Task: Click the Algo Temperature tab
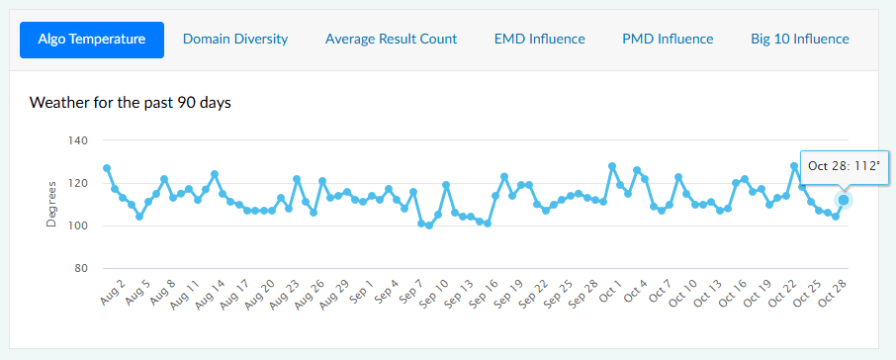click(92, 40)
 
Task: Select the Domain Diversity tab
click(235, 40)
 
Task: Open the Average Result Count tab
click(391, 40)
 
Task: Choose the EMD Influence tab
click(539, 40)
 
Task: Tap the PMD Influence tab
click(668, 40)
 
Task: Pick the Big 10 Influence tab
click(800, 40)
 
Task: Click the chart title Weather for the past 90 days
click(131, 102)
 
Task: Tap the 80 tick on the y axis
click(82, 268)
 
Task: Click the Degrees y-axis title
click(51, 205)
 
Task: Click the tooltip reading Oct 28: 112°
click(843, 165)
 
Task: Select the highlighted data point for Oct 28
click(844, 200)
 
